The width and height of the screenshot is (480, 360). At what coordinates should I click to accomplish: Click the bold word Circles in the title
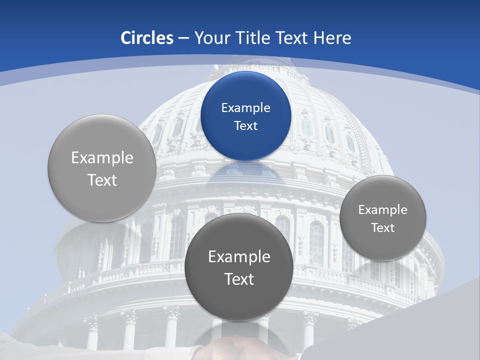pos(146,38)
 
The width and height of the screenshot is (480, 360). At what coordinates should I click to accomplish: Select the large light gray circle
pos(102,168)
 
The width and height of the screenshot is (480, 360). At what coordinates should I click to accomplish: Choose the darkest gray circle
pos(239,267)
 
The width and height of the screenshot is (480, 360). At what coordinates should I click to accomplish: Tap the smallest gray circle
pos(383,218)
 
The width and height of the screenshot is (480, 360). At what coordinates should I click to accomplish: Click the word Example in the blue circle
pos(245,108)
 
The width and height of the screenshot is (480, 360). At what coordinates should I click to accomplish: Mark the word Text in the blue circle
pos(245,126)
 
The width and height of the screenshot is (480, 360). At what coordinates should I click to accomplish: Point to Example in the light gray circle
pos(102,158)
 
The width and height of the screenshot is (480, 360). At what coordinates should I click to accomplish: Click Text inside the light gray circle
pos(102,180)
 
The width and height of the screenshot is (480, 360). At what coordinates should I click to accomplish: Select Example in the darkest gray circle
pos(239,257)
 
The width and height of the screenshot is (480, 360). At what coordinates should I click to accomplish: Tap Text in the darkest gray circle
pos(239,279)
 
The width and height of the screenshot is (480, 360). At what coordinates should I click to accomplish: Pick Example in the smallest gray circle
pos(383,210)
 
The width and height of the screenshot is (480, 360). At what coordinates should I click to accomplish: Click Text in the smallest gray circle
pos(383,228)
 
